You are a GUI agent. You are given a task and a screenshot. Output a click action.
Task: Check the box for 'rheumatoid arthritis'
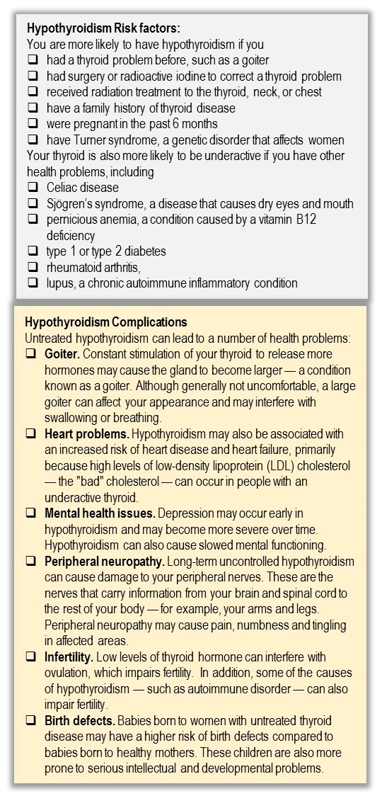point(33,268)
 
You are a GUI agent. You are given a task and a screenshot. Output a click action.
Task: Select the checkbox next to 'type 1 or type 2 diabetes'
point(33,251)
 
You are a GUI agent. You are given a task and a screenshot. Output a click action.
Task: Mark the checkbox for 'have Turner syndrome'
point(33,140)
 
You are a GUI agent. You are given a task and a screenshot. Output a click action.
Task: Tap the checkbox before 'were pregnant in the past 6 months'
point(33,124)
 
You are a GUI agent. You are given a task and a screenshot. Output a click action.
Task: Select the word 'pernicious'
point(73,220)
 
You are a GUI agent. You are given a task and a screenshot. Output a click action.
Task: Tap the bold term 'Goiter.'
point(63,353)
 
